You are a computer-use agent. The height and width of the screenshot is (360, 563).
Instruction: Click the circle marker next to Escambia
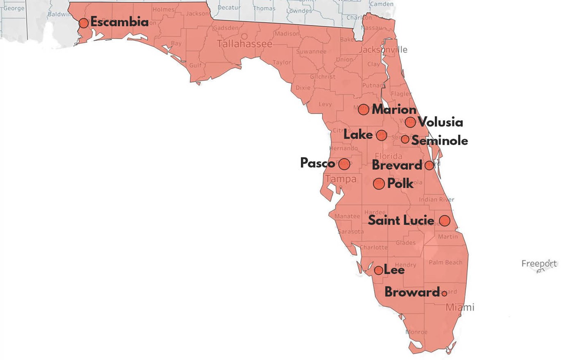83,23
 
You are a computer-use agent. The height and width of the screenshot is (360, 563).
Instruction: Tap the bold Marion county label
394,110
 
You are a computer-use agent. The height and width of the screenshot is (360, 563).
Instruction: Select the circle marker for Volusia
410,123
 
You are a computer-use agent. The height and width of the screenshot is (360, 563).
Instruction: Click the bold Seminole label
440,141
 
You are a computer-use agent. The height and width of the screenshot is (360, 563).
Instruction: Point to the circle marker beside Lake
381,135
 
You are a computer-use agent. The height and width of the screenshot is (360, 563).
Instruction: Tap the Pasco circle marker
344,164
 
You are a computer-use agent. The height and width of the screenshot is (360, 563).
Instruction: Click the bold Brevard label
397,165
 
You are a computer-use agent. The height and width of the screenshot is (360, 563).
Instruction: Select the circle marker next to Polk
379,184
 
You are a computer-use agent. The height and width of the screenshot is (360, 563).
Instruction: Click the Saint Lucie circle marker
444,221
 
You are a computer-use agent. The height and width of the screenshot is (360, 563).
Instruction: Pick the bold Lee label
394,270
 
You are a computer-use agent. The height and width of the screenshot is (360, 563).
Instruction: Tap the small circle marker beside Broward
444,293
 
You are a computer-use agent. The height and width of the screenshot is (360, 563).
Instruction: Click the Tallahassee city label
245,44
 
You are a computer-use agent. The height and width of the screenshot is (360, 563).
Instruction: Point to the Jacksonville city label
383,50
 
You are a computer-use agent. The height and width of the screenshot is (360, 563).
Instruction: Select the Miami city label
460,307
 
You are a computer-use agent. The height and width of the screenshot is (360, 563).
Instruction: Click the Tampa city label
340,179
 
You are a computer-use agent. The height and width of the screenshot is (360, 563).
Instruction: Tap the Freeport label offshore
539,263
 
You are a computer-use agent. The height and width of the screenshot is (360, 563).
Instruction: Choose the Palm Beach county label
445,262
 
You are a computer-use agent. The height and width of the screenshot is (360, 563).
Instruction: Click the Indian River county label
436,199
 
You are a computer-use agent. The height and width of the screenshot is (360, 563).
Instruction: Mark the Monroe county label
416,332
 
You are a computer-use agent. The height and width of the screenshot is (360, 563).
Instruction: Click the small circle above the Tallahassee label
244,37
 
